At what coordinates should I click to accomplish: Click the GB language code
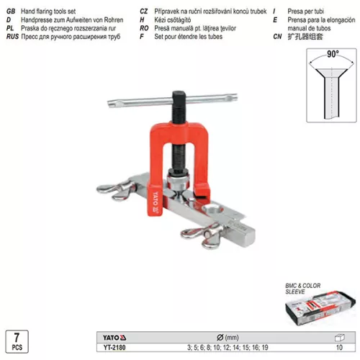(11, 12)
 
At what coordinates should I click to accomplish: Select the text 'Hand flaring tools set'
(48, 12)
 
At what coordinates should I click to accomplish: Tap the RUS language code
(12, 37)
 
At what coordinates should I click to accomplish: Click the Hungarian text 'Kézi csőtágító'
(173, 20)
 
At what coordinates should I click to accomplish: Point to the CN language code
(277, 37)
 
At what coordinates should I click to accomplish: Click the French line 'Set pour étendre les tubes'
(189, 37)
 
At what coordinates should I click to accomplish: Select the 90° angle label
(333, 54)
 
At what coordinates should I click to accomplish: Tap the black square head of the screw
(179, 96)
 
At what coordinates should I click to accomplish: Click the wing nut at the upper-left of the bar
(117, 189)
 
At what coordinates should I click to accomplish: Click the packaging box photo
(320, 308)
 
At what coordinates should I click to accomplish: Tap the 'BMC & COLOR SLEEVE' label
(302, 289)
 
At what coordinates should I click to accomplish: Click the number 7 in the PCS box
(17, 338)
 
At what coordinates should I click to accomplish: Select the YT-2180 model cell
(114, 347)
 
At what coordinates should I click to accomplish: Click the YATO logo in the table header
(114, 338)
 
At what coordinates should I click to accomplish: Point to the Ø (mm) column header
(228, 338)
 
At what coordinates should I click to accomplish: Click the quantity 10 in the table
(339, 347)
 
